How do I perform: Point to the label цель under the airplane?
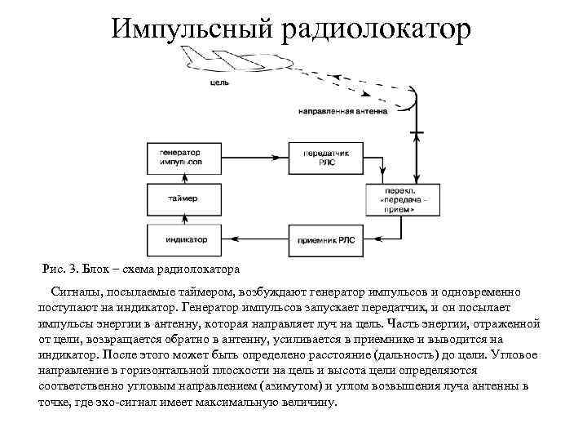(x=218, y=82)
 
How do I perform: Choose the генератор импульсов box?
(x=180, y=158)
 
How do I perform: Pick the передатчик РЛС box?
(x=323, y=158)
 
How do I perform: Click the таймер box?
(x=180, y=198)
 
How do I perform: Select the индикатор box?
(x=180, y=240)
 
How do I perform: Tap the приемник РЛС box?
(x=323, y=240)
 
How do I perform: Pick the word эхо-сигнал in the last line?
(x=141, y=401)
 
